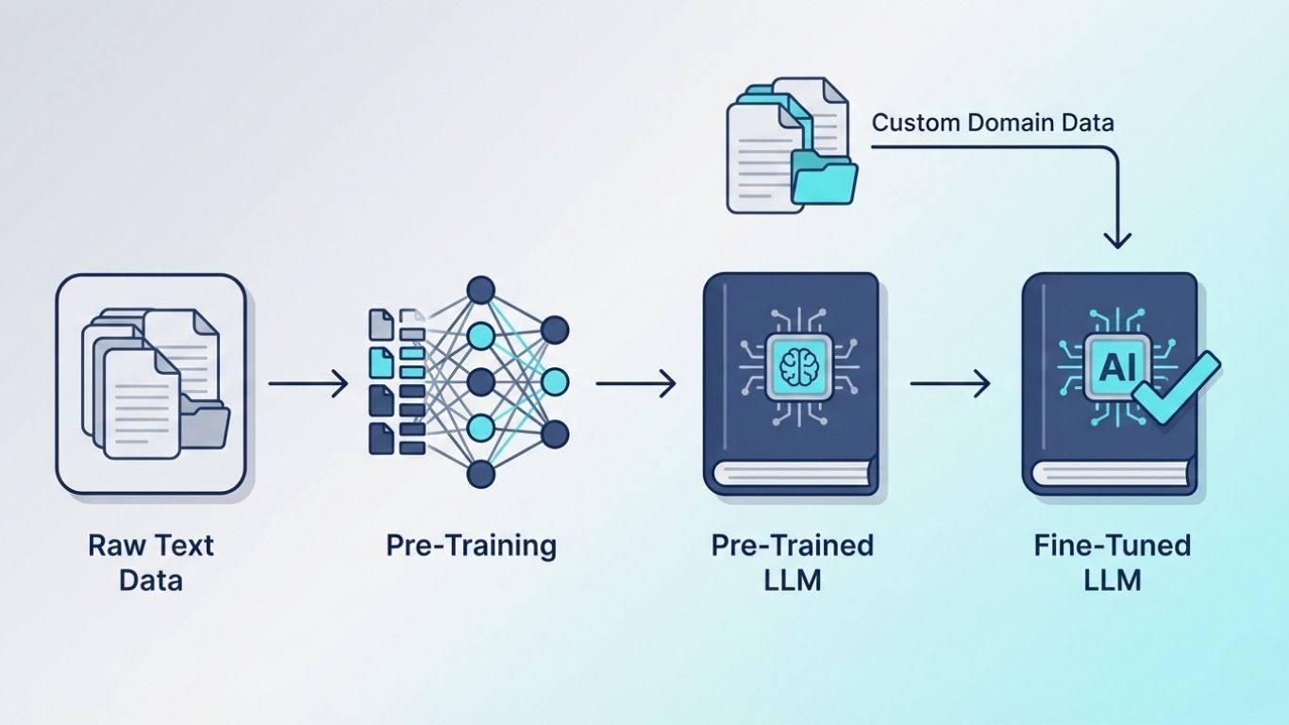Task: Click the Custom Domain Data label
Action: (x=993, y=123)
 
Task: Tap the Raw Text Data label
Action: (x=151, y=562)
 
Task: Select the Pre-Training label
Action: (x=471, y=546)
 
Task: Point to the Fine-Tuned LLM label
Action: (x=1111, y=562)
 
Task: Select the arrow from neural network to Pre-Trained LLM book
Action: (x=635, y=383)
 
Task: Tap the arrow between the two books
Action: (x=949, y=383)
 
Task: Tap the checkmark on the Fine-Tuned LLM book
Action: (x=1174, y=387)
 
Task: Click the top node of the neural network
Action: (x=481, y=289)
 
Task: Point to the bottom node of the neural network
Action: (x=481, y=475)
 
